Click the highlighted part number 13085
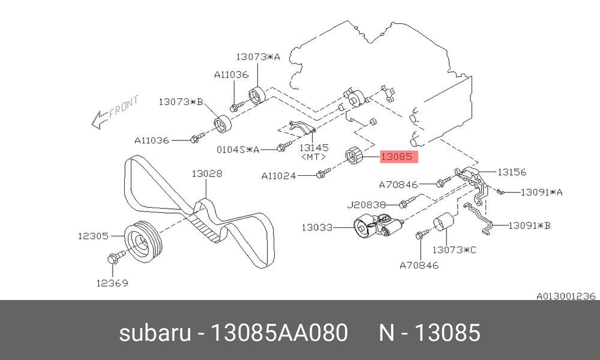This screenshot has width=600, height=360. [397, 157]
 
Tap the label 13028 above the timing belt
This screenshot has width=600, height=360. [206, 174]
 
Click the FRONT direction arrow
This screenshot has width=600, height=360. [115, 112]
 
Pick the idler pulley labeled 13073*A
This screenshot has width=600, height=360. [257, 95]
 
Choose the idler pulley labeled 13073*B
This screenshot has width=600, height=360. [223, 125]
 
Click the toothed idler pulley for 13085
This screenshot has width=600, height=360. [353, 156]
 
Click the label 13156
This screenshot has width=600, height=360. [512, 172]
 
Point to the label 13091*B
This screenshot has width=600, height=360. [529, 226]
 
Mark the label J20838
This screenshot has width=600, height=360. [366, 205]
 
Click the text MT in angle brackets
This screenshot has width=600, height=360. [314, 157]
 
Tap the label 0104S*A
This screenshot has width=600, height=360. [238, 149]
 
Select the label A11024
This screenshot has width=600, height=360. [278, 176]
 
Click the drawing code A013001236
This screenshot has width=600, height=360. [566, 296]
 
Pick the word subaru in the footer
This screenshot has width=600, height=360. [155, 332]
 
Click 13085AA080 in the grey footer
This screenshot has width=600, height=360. [280, 332]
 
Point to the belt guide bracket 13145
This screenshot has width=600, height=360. [302, 128]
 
